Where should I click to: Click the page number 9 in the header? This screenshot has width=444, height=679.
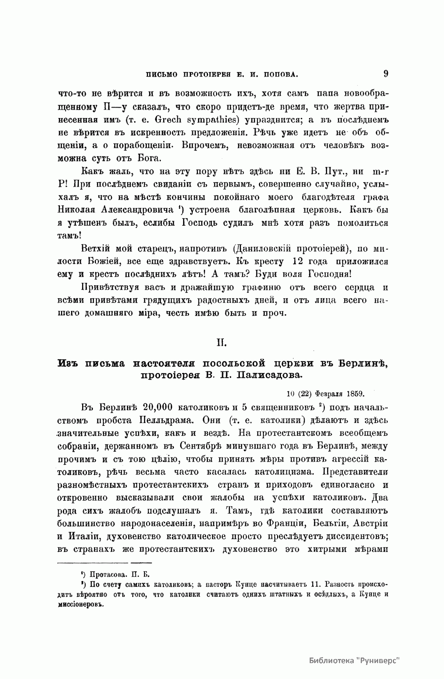tap(386, 74)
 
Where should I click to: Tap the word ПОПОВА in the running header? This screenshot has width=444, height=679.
tap(279, 74)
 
